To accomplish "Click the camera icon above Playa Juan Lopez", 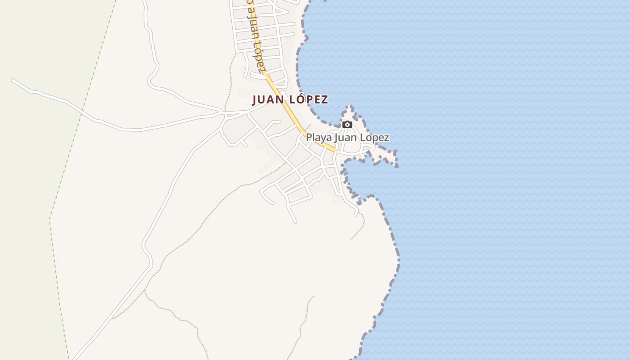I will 347,124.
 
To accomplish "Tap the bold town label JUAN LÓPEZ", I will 290,99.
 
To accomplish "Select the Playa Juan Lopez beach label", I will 347,138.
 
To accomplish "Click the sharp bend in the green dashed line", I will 49,219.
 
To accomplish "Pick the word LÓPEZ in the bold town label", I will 307,99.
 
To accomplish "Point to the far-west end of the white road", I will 13,80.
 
